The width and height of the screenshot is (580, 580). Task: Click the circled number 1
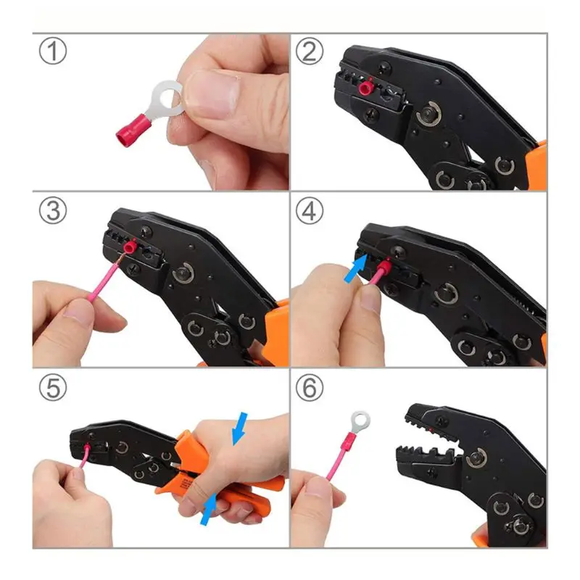point(53,51)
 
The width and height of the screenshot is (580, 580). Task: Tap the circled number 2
point(310,51)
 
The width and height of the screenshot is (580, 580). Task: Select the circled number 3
point(53,210)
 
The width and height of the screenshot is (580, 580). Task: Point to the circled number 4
point(310,210)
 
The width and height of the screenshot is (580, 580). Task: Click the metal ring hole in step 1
point(169,97)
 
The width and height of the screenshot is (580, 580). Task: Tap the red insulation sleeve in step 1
point(133,130)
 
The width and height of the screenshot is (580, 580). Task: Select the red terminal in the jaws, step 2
point(366,87)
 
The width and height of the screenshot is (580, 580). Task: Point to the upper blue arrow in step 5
point(239,428)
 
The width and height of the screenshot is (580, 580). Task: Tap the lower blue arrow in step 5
point(208,509)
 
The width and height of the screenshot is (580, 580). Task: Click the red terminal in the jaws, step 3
point(130,246)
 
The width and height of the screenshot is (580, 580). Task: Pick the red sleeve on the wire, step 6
point(346,443)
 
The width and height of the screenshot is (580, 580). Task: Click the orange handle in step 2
point(537,166)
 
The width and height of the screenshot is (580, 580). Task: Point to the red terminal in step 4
point(385,266)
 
